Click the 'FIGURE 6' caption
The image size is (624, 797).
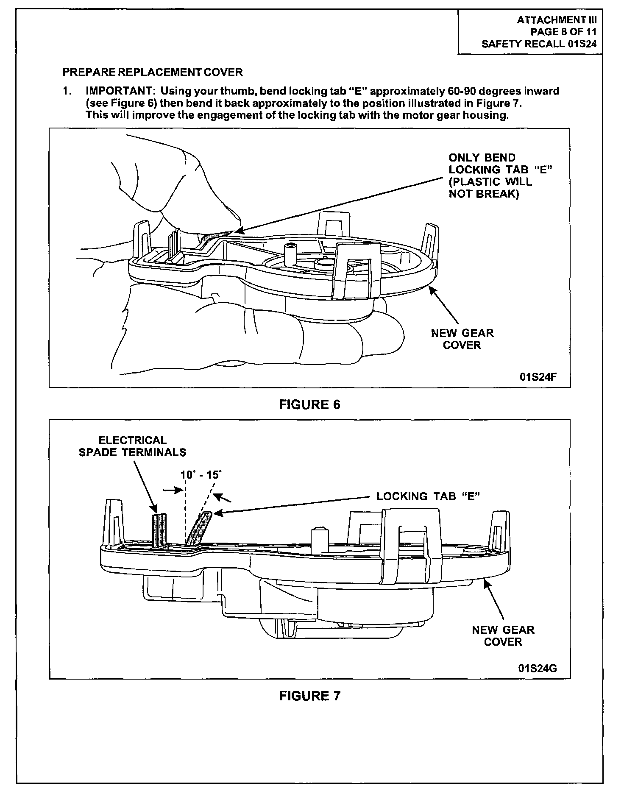309,405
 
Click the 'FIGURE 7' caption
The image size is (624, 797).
309,696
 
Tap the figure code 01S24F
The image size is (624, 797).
538,377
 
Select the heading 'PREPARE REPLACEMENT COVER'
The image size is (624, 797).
153,72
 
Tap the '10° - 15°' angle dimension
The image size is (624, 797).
201,474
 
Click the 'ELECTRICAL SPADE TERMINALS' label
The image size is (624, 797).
132,446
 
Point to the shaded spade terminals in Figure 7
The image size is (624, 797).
160,530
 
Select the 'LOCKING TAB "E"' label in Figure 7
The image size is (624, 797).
428,496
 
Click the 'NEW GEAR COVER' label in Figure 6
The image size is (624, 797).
462,339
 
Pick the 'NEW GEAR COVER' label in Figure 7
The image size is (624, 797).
503,636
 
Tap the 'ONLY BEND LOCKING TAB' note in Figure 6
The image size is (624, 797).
500,176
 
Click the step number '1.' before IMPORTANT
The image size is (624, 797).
67,91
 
